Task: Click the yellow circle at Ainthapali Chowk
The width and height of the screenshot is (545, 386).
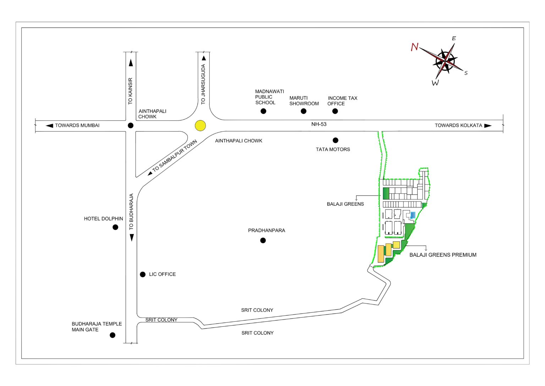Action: pyautogui.click(x=200, y=125)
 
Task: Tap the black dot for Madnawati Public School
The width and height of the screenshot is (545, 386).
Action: pyautogui.click(x=263, y=111)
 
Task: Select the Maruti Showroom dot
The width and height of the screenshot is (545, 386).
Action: pyautogui.click(x=303, y=111)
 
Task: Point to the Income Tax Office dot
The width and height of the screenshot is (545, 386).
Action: pyautogui.click(x=335, y=111)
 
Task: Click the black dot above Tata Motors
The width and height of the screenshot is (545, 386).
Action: pyautogui.click(x=335, y=140)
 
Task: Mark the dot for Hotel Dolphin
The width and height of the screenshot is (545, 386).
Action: pyautogui.click(x=115, y=227)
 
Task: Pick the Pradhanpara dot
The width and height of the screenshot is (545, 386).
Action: pyautogui.click(x=263, y=241)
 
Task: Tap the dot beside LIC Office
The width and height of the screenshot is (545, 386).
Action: pyautogui.click(x=143, y=274)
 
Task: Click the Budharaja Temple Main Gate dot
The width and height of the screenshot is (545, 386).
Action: pyautogui.click(x=112, y=335)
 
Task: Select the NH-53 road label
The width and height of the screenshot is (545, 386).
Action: pyautogui.click(x=319, y=124)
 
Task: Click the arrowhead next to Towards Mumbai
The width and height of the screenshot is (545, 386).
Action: pyautogui.click(x=49, y=125)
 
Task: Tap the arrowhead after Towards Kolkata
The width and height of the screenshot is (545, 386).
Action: pyautogui.click(x=488, y=125)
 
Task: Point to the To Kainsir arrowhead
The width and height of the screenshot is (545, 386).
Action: pyautogui.click(x=131, y=63)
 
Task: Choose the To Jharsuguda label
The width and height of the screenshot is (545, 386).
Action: pyautogui.click(x=203, y=84)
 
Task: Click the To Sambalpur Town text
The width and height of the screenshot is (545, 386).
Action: pyautogui.click(x=175, y=156)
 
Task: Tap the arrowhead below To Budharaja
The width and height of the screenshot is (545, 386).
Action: pyautogui.click(x=132, y=237)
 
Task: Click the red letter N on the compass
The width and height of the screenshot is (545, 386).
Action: pyautogui.click(x=414, y=47)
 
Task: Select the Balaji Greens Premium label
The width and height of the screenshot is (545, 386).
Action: pyautogui.click(x=443, y=255)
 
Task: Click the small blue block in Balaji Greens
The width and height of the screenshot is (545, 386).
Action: pyautogui.click(x=413, y=215)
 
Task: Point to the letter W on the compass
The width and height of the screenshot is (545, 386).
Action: pyautogui.click(x=435, y=83)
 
